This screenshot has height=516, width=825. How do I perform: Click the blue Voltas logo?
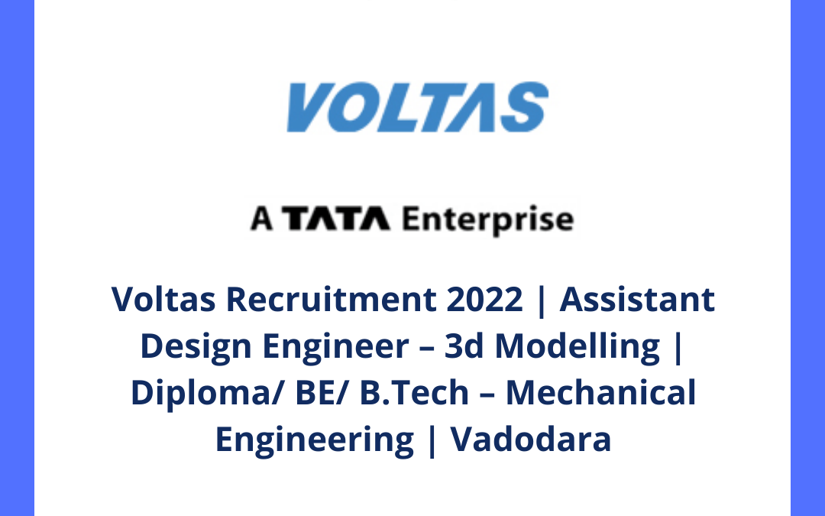pos(417,107)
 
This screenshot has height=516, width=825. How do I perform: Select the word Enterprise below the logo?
pos(487,221)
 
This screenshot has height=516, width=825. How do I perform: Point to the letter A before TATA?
pos(261,220)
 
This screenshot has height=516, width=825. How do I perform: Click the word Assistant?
pos(638,299)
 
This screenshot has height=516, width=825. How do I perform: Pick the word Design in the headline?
pos(195,346)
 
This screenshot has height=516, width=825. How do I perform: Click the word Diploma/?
pos(197,394)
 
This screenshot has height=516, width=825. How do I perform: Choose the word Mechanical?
pos(601,393)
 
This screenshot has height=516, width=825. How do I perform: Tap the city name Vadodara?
pos(530,440)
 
